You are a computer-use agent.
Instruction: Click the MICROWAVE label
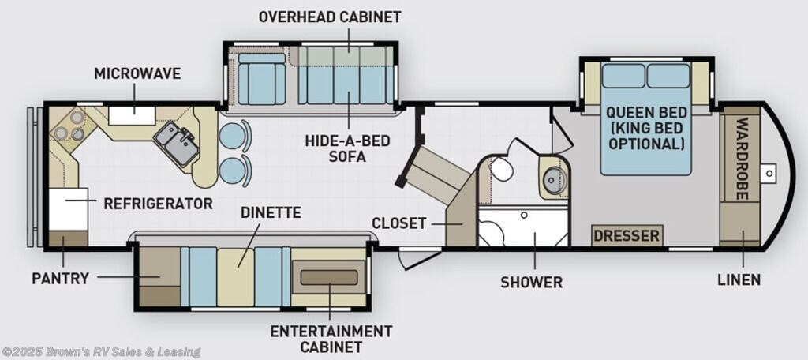pyautogui.click(x=137, y=73)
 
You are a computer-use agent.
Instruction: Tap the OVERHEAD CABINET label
pyautogui.click(x=330, y=17)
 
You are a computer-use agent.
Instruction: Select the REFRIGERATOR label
pyautogui.click(x=158, y=203)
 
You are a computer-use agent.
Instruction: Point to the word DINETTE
pyautogui.click(x=271, y=212)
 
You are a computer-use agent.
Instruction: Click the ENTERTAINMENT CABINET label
pyautogui.click(x=331, y=338)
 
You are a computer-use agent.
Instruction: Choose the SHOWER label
pyautogui.click(x=532, y=283)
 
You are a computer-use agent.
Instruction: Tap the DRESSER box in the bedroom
pyautogui.click(x=627, y=236)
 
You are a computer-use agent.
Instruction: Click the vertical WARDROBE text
pyautogui.click(x=742, y=159)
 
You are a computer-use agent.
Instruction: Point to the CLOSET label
pyautogui.click(x=398, y=223)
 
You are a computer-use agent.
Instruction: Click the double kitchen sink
pyautogui.click(x=177, y=143)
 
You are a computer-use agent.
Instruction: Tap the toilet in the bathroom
pyautogui.click(x=499, y=169)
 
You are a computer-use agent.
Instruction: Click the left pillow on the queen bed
pyautogui.click(x=623, y=76)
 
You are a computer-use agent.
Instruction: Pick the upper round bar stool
pyautogui.click(x=233, y=136)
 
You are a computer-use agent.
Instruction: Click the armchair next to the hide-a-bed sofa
pyautogui.click(x=262, y=79)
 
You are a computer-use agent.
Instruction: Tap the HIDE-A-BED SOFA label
pyautogui.click(x=347, y=148)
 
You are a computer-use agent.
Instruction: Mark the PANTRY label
pyautogui.click(x=60, y=279)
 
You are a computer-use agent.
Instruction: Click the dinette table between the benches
pyautogui.click(x=235, y=276)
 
